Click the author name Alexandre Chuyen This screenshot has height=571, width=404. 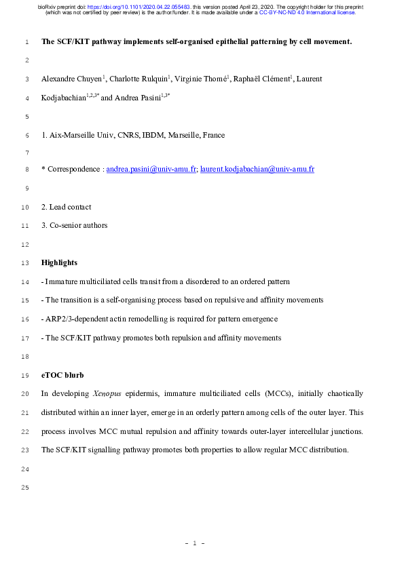[x=66, y=79]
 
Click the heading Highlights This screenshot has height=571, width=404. [x=59, y=262]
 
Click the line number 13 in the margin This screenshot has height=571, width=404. [x=24, y=262]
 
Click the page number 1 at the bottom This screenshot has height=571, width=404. [x=195, y=543]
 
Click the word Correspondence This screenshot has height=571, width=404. [x=75, y=168]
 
